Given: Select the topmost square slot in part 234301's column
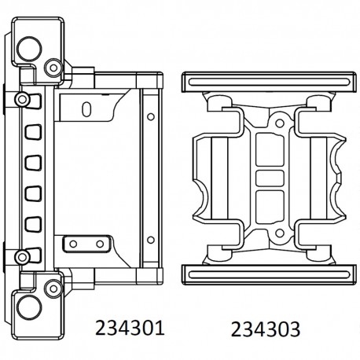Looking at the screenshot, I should coord(34,130).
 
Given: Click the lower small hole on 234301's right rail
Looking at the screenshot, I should coord(149,233).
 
